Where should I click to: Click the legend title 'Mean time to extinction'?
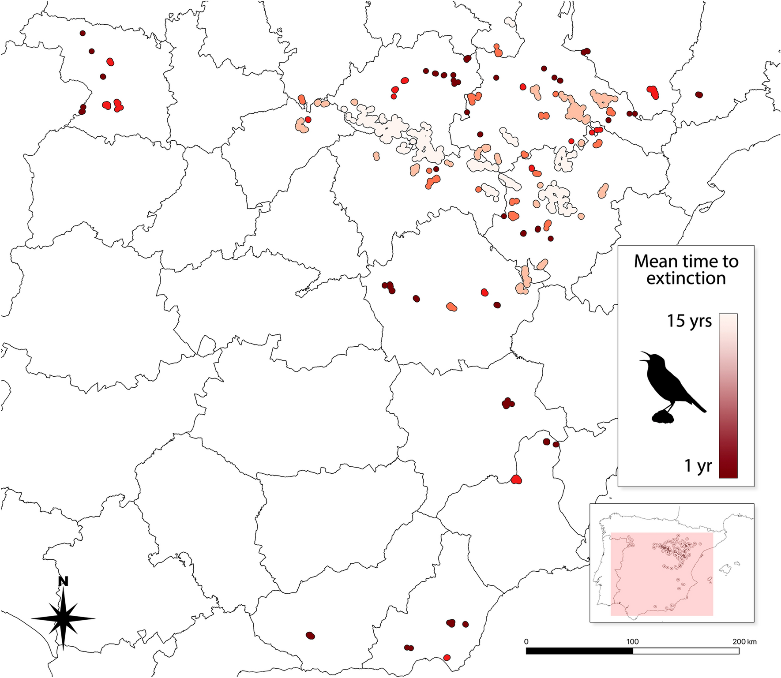pyautogui.click(x=686, y=270)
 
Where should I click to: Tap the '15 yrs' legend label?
pyautogui.click(x=689, y=321)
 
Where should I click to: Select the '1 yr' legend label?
pyautogui.click(x=698, y=466)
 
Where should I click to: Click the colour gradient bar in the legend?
pyautogui.click(x=728, y=396)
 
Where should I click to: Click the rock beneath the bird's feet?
pyautogui.click(x=663, y=416)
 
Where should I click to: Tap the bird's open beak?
pyautogui.click(x=644, y=356)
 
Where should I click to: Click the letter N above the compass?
pyautogui.click(x=63, y=581)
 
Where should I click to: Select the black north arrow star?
pyautogui.click(x=64, y=618)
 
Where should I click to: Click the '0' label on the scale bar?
pyautogui.click(x=526, y=641)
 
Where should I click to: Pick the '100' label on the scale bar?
pyautogui.click(x=632, y=641)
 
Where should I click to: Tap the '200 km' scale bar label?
pyautogui.click(x=744, y=641)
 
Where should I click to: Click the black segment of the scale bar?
pyautogui.click(x=579, y=651)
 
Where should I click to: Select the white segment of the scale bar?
pyautogui.click(x=686, y=651)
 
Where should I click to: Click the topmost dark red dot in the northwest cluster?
pyautogui.click(x=83, y=33)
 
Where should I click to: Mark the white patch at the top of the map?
pyautogui.click(x=510, y=22)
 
